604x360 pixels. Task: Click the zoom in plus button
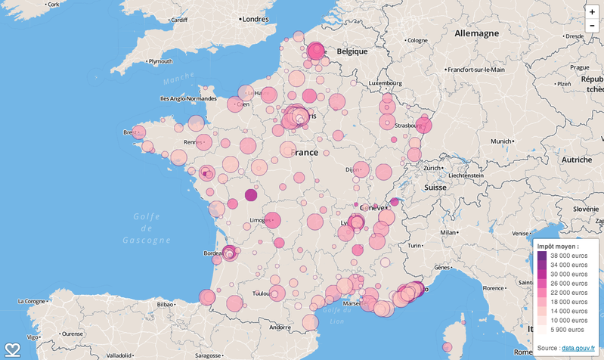pos(592,12)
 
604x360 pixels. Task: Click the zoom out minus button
pos(592,26)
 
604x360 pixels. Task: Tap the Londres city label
pos(256,19)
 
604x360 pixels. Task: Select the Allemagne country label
pos(476,34)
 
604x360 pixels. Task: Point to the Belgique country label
pos(352,51)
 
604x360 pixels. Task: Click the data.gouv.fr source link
pos(578,347)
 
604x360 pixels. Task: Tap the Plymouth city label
pos(160,61)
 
